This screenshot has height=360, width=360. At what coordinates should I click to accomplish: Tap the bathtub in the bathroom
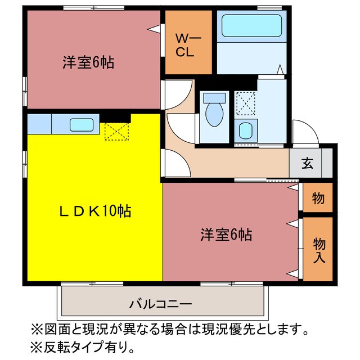pos(251,26)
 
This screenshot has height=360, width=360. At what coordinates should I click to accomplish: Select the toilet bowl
pos(214,113)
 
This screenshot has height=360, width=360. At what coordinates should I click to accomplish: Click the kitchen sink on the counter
pos(82,124)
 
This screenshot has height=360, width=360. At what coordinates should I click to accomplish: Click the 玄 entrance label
pos(307,164)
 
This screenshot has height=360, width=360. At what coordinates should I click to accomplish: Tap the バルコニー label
pos(161,304)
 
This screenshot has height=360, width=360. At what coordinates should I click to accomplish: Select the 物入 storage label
pos(319,250)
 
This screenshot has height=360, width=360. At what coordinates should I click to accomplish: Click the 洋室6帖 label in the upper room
pos(88,62)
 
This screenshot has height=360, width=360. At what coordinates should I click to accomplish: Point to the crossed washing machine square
pos(245,103)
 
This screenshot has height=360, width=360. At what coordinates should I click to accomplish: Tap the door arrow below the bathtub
pos(280,70)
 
